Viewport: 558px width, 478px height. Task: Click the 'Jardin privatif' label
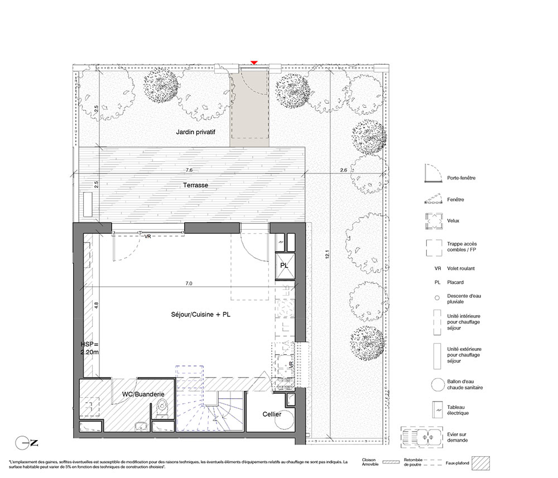(195, 132)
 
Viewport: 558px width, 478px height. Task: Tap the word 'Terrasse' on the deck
(195, 185)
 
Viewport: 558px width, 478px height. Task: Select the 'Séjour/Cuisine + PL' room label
(201, 315)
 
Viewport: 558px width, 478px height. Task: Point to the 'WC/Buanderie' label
(143, 394)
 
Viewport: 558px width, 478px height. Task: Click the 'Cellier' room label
(272, 414)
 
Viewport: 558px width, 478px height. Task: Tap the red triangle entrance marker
(254, 63)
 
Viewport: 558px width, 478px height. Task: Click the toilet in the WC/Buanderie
(162, 409)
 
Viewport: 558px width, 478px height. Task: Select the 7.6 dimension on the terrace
(189, 170)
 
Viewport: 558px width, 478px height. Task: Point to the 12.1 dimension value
(327, 254)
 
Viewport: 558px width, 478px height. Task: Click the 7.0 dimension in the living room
(189, 283)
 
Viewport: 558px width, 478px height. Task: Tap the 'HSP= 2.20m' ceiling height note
(89, 348)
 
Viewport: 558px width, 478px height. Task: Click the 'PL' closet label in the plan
(284, 265)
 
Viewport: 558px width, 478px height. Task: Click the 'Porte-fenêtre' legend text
(461, 178)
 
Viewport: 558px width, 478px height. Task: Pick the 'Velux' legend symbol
(434, 221)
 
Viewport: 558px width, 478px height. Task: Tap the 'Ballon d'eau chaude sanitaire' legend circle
(437, 384)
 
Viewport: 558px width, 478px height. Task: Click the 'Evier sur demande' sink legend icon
(422, 437)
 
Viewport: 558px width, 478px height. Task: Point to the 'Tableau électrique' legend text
(458, 410)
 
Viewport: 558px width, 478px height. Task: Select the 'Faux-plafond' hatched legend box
(481, 463)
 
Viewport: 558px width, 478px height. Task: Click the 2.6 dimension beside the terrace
(343, 170)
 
